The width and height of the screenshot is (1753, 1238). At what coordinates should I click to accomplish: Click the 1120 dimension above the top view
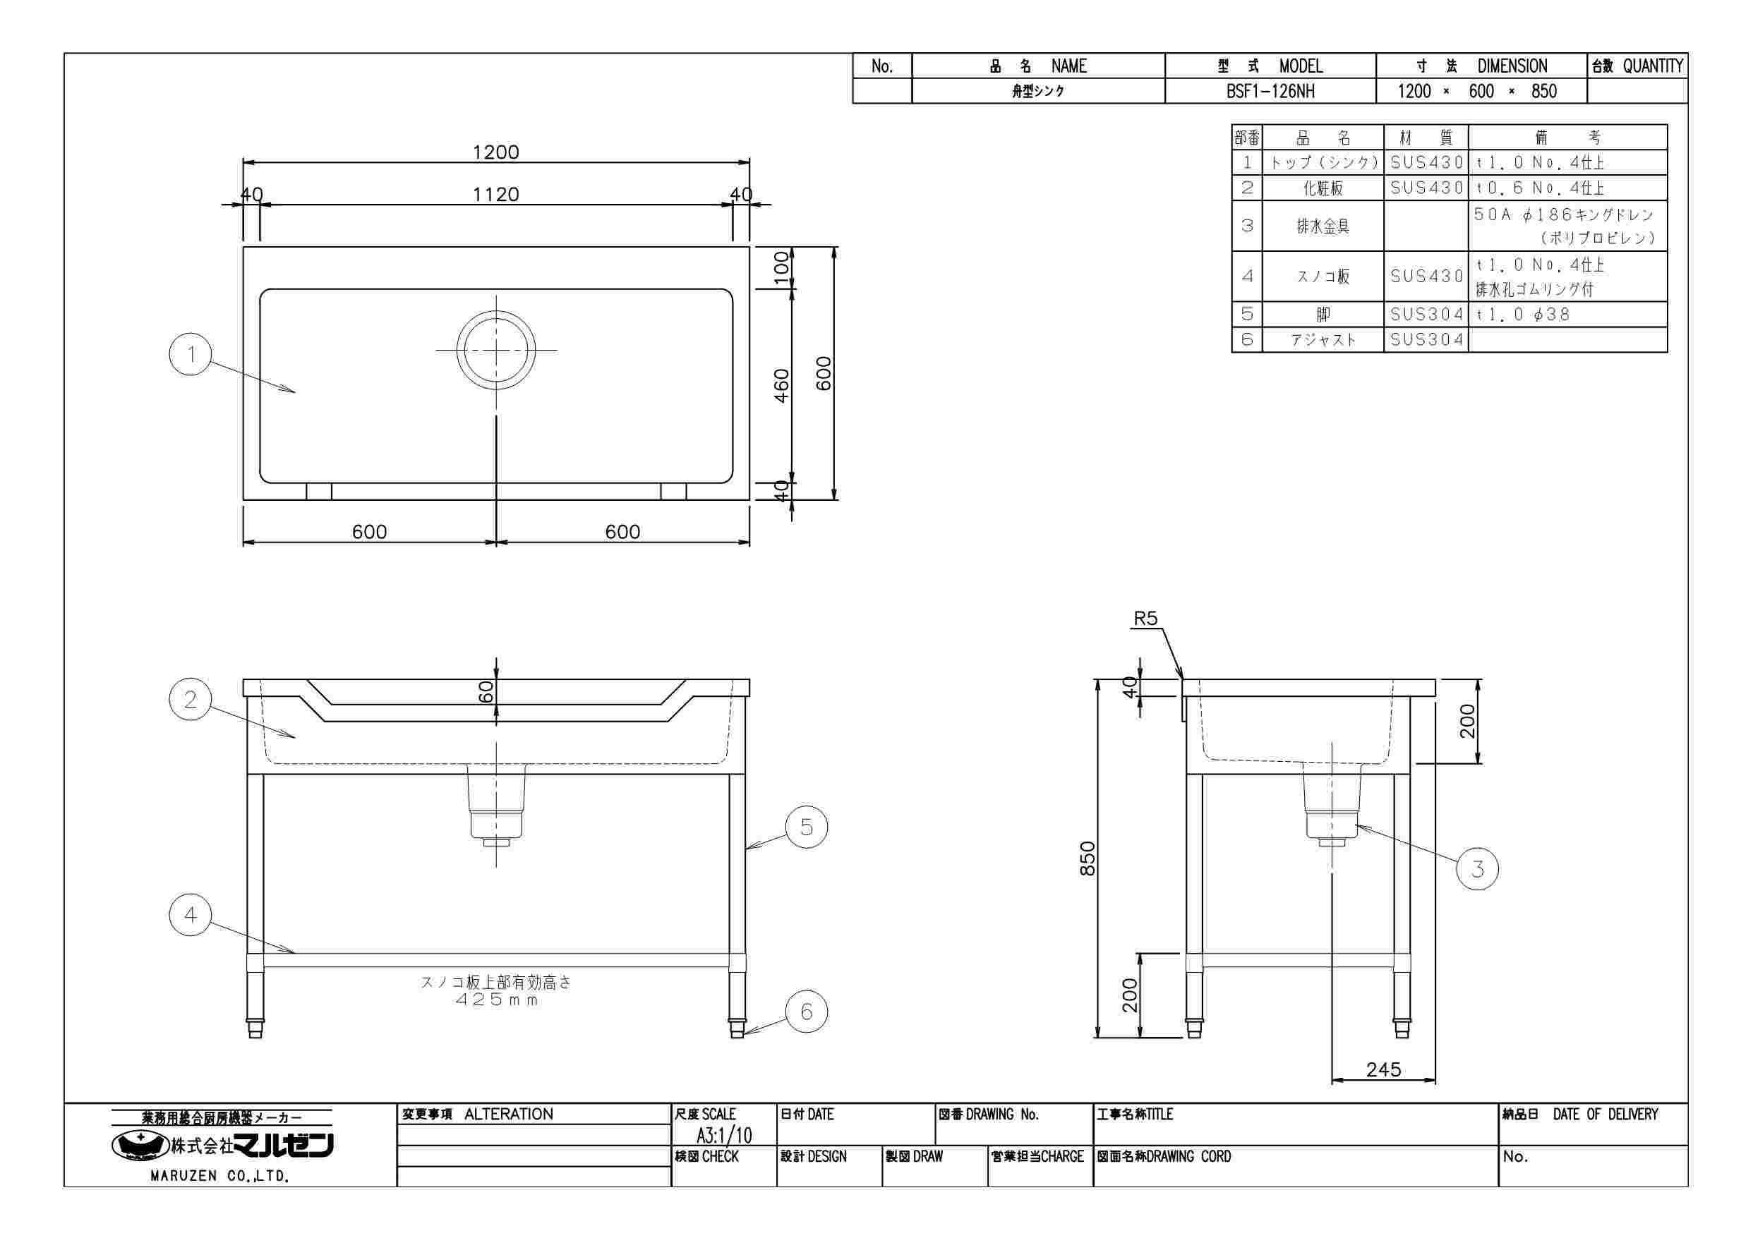coord(495,195)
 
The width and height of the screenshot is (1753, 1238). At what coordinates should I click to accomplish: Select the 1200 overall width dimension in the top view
coord(495,152)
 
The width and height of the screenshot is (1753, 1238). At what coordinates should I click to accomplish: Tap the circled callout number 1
coord(191,353)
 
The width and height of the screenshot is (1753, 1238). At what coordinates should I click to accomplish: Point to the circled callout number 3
coord(1477,868)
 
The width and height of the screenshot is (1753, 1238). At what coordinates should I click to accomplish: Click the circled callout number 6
coord(806,1012)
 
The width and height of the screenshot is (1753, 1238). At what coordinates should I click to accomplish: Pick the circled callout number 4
coord(191,914)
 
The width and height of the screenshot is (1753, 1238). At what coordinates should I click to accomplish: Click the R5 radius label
coord(1145,619)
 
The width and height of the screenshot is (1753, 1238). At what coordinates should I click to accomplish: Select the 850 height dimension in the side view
coord(1088,858)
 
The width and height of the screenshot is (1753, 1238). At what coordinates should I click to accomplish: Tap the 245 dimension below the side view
coord(1383,1069)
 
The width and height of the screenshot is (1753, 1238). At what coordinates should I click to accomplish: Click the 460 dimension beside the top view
coord(782,386)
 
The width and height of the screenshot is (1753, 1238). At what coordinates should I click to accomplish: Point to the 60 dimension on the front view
coord(486,691)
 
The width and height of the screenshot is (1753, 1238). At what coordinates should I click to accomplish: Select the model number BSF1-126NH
coord(1270,92)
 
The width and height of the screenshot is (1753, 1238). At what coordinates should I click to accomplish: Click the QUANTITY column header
coord(1653,66)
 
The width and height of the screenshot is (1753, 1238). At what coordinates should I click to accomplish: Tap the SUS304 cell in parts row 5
coord(1426,315)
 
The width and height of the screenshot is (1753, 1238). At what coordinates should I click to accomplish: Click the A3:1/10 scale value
coord(724,1135)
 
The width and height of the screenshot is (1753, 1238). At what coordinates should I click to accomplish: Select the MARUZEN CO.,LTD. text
coord(220,1176)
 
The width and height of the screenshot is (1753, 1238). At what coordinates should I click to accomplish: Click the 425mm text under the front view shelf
coord(497,1000)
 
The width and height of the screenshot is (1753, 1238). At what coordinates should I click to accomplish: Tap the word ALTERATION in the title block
coord(509,1115)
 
